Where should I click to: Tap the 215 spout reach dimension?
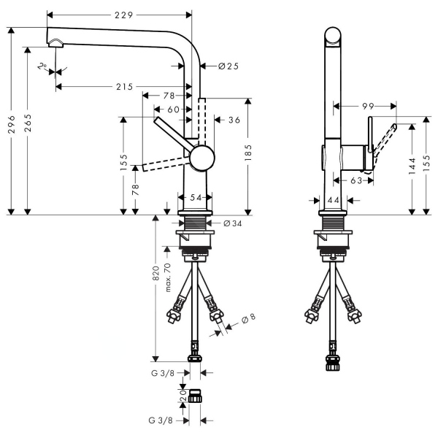tap(124, 87)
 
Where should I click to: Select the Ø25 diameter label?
tap(228, 66)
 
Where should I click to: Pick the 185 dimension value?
tap(248, 153)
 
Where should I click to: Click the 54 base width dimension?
tap(195, 197)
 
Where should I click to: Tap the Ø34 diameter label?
tap(232, 223)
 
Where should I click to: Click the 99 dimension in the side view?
tap(367, 107)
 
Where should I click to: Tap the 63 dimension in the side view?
tap(356, 180)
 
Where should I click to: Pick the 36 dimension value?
tap(234, 120)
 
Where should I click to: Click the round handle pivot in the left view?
tap(203, 157)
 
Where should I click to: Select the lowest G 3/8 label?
tap(161, 420)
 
